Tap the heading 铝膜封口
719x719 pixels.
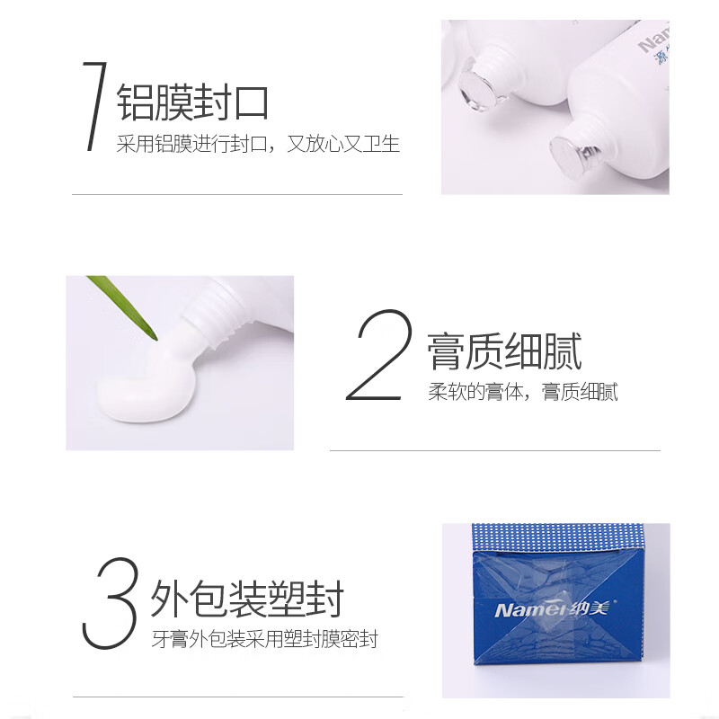[193, 102]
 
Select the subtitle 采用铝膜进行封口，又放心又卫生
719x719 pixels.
[258, 144]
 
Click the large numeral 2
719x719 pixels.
[378, 357]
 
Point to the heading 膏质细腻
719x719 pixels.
[504, 351]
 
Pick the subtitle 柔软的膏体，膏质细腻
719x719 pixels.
[522, 393]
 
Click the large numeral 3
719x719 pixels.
[110, 604]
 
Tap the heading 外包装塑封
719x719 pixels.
[247, 599]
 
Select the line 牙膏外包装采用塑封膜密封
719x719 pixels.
[264, 640]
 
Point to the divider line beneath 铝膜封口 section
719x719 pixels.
[236, 194]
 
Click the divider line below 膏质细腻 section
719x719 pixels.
[494, 450]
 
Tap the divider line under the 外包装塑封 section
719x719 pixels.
[236, 697]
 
